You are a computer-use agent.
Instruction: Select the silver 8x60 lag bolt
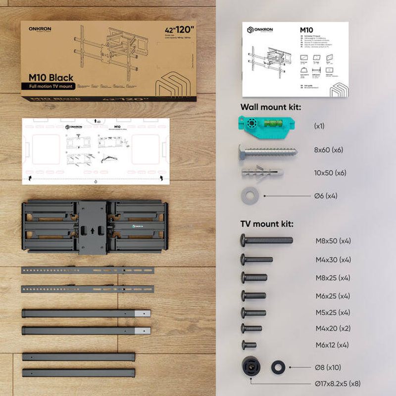click(x=268, y=149)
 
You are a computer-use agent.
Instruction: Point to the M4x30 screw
click(x=256, y=259)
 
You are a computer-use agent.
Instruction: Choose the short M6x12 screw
click(x=248, y=345)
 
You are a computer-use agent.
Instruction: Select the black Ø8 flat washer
click(x=278, y=367)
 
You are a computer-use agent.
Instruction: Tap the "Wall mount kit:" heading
click(x=271, y=107)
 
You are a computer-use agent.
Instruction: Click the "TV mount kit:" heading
click(x=267, y=224)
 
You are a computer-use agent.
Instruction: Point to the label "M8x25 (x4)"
click(x=333, y=278)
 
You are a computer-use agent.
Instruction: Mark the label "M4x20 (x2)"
click(x=333, y=328)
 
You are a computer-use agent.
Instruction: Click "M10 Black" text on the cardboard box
click(x=51, y=77)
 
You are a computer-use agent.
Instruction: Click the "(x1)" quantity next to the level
click(x=319, y=126)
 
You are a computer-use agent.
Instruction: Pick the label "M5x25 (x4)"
click(x=333, y=312)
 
